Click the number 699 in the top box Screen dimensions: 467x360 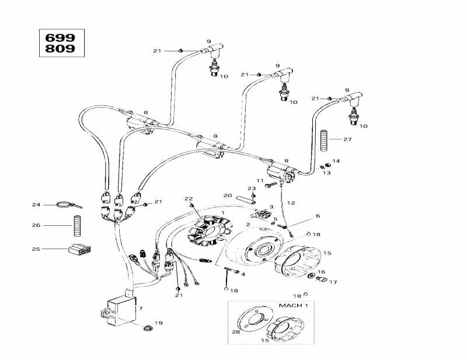tap(60, 38)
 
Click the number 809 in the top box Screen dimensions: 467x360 tap(60, 48)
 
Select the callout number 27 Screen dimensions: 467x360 tap(347, 139)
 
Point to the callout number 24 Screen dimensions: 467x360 tap(36, 205)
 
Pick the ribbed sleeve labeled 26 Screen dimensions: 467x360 tap(78, 226)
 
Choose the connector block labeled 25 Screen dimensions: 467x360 tap(80, 249)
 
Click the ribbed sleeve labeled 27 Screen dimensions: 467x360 tap(324, 141)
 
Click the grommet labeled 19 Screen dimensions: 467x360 tap(148, 328)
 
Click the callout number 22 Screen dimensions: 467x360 tap(189, 198)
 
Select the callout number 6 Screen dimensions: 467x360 tap(318, 215)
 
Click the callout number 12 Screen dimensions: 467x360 tap(291, 203)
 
